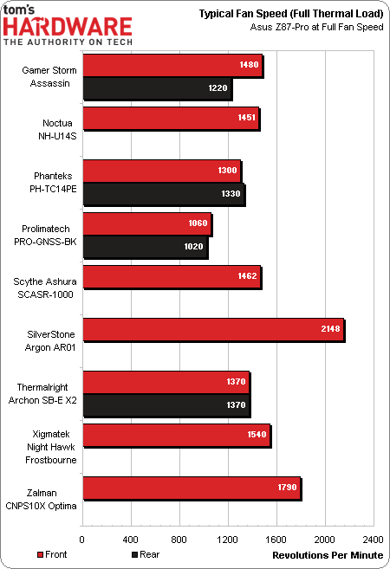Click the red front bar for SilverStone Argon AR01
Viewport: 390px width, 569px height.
pos(212,330)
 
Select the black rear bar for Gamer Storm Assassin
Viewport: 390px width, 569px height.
pos(157,88)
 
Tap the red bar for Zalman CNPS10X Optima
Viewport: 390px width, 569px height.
pos(191,488)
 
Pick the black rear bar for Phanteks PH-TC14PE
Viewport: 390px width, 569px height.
pos(163,194)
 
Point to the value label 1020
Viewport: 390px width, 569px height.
pos(193,247)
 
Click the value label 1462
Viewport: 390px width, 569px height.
pos(245,277)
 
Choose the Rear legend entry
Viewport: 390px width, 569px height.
pos(148,553)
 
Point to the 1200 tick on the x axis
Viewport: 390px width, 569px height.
pos(227,537)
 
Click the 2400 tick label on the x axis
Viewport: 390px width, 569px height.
pos(373,537)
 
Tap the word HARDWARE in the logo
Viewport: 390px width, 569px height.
pos(68,28)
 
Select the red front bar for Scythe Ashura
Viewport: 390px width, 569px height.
pos(170,277)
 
